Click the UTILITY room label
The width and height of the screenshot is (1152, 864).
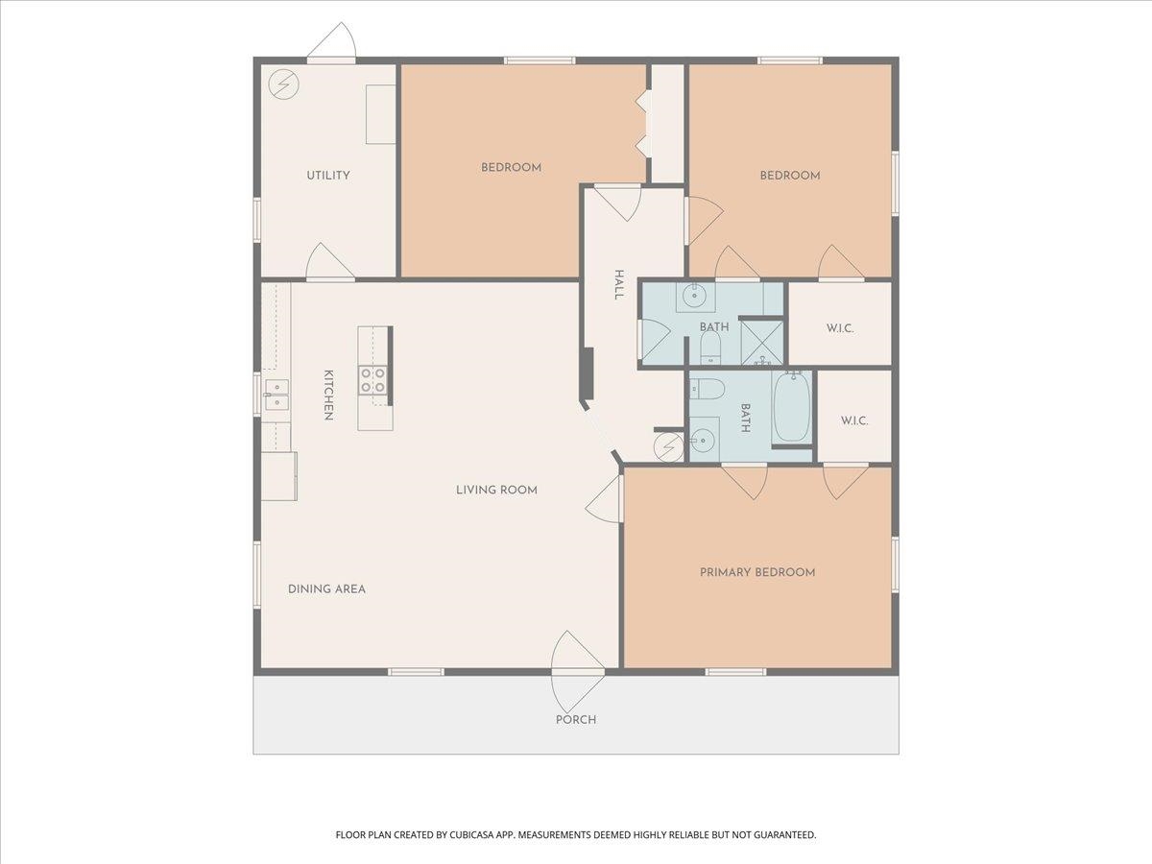pyautogui.click(x=328, y=176)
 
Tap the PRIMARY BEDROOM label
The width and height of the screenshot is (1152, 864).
pyautogui.click(x=757, y=572)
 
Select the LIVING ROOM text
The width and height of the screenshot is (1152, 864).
pyautogui.click(x=496, y=490)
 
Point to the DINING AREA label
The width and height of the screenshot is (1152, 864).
pyautogui.click(x=326, y=589)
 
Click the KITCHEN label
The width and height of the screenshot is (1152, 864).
pyautogui.click(x=328, y=395)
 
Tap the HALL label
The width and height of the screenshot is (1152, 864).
pyautogui.click(x=619, y=285)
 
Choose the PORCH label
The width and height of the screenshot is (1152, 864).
pyautogui.click(x=576, y=720)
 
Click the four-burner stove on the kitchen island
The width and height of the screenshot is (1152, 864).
pyautogui.click(x=373, y=380)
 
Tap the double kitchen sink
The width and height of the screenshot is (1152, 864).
pyautogui.click(x=276, y=395)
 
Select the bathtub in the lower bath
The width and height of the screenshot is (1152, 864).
pyautogui.click(x=792, y=407)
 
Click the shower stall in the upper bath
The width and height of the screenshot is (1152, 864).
pyautogui.click(x=761, y=343)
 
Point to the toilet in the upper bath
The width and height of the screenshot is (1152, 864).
pyautogui.click(x=710, y=348)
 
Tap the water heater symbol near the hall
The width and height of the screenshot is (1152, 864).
pyautogui.click(x=668, y=447)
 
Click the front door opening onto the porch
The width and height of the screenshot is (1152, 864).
pyautogui.click(x=578, y=671)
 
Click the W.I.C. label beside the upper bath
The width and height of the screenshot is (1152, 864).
pyautogui.click(x=840, y=329)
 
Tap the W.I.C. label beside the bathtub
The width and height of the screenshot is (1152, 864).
pyautogui.click(x=854, y=420)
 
